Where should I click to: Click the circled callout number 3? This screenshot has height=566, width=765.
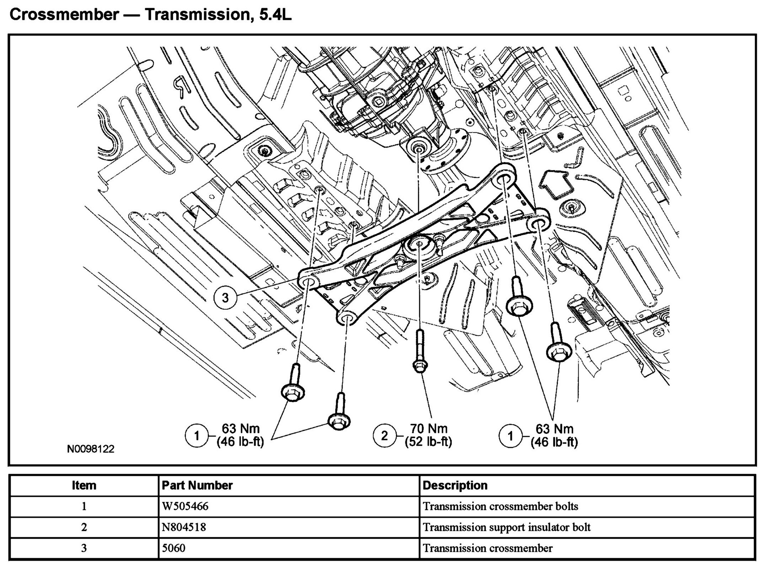tap(225, 297)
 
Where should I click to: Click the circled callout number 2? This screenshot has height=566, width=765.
tap(384, 435)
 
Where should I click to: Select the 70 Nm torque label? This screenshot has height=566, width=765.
tap(428, 428)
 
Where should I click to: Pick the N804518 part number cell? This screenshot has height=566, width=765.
tap(184, 527)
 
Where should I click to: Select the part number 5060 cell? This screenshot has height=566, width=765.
tap(174, 548)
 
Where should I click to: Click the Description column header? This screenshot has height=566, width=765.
tap(455, 485)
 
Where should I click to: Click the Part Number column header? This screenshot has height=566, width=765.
tap(197, 485)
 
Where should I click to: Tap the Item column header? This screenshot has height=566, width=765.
tap(84, 485)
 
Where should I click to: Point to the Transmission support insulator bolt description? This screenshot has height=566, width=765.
tap(507, 527)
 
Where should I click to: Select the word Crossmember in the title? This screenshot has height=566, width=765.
tap(64, 15)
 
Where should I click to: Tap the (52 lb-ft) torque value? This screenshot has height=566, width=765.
tap(428, 442)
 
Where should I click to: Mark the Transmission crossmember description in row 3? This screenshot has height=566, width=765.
tap(488, 548)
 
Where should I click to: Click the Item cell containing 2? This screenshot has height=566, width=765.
tap(84, 527)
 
